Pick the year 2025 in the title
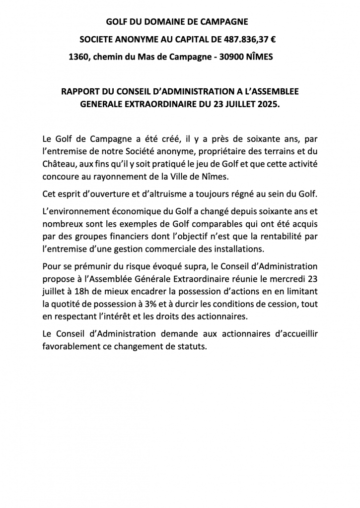268,105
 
